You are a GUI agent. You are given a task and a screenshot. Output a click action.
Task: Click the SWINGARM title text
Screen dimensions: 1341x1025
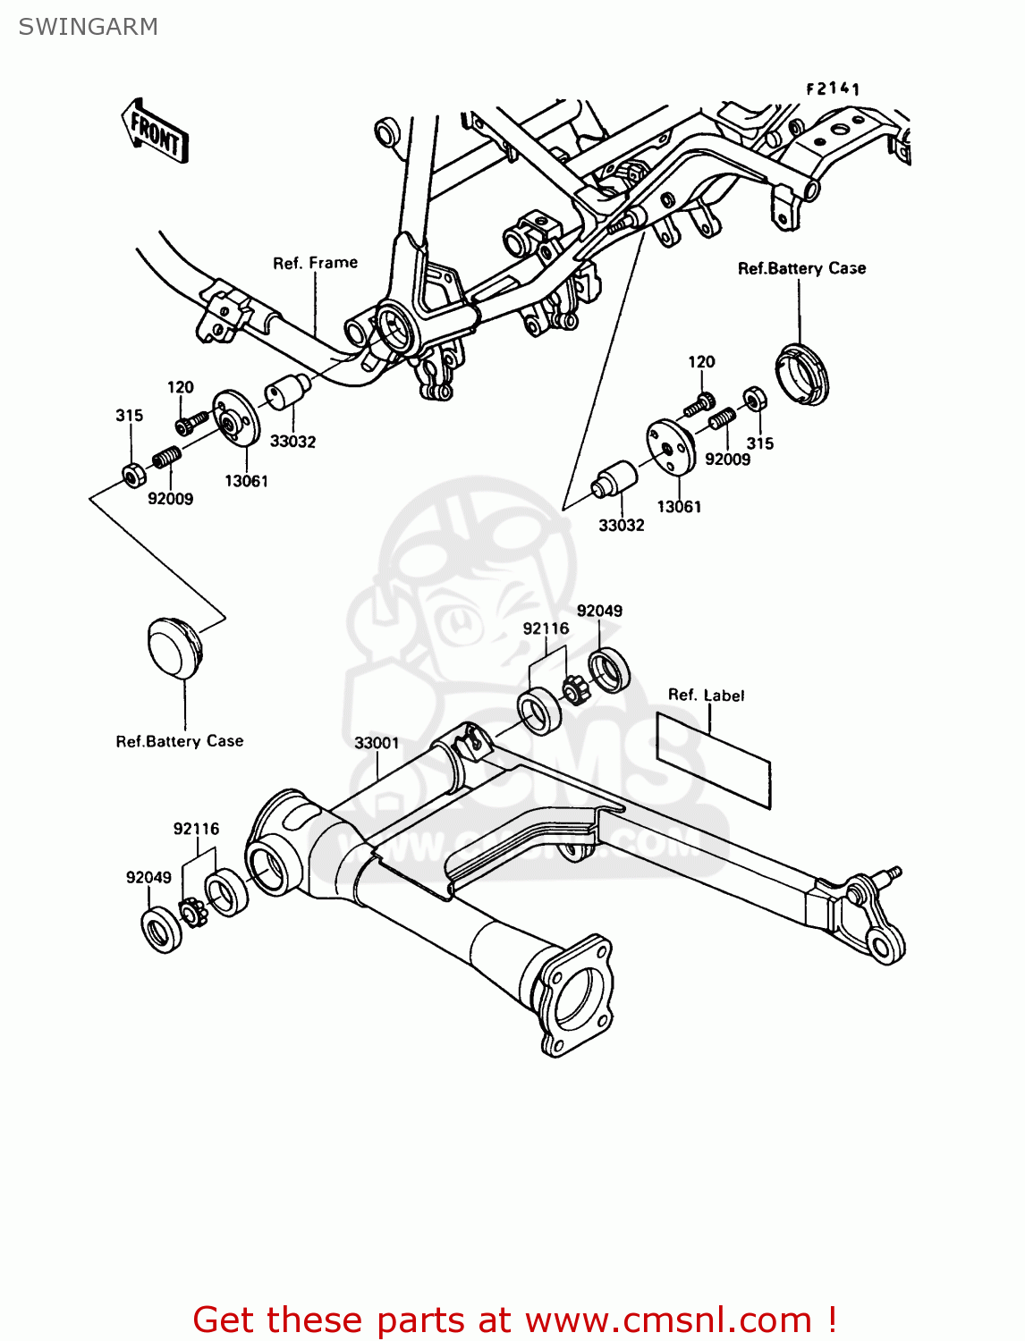click(88, 27)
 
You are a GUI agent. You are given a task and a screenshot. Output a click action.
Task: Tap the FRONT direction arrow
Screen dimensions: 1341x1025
click(155, 131)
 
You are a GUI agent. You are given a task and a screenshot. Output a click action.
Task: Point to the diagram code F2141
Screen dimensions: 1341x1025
click(832, 89)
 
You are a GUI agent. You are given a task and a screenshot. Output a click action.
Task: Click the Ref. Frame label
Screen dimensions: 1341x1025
click(315, 263)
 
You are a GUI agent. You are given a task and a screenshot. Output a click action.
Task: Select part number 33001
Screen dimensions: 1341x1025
click(377, 743)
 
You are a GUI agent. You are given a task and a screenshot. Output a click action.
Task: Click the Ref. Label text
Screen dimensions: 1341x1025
click(706, 696)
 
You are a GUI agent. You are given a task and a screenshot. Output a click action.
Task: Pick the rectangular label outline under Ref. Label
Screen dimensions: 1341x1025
click(713, 761)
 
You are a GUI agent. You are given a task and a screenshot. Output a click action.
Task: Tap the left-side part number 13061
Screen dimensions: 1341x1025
click(246, 481)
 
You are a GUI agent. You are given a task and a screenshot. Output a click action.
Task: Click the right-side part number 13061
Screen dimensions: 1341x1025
click(679, 507)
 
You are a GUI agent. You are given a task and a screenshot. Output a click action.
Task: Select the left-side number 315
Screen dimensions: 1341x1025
click(129, 416)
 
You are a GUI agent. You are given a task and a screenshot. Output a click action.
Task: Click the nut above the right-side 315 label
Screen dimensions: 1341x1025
click(754, 398)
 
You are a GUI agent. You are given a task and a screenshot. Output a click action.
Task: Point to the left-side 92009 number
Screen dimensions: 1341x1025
click(170, 499)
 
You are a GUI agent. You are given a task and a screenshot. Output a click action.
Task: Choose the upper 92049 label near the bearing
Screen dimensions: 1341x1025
click(599, 611)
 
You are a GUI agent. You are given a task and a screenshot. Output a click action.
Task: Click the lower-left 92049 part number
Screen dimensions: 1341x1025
click(148, 877)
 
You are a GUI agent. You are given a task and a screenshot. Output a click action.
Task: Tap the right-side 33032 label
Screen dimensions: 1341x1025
click(621, 526)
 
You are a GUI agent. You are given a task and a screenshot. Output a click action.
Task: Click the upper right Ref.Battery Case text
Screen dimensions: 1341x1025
click(801, 268)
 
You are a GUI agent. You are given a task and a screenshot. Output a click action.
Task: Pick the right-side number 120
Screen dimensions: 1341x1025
click(701, 362)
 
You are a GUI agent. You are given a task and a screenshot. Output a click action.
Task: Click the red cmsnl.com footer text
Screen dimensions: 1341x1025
click(514, 1320)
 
